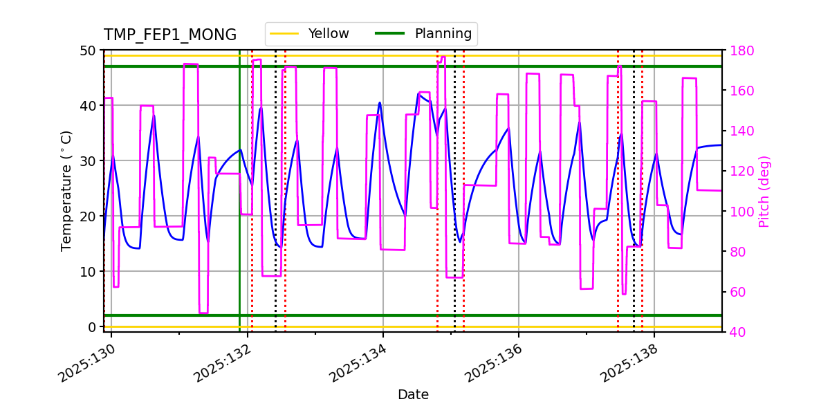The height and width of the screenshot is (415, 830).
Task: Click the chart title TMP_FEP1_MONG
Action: (169, 35)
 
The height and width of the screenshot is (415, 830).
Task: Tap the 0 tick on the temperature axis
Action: (91, 326)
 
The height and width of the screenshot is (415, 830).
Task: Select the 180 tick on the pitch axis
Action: (740, 50)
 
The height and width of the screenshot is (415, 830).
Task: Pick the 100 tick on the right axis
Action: (740, 212)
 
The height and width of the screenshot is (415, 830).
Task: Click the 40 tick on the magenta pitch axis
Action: (737, 332)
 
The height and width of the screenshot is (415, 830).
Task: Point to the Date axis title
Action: (413, 395)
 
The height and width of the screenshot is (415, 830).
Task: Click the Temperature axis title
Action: (66, 190)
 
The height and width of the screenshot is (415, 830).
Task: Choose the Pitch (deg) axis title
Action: (764, 191)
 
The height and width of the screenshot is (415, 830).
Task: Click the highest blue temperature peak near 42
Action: (419, 93)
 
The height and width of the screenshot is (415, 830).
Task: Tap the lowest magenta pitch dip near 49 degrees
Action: (203, 313)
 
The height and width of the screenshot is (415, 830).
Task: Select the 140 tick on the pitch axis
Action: (740, 131)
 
